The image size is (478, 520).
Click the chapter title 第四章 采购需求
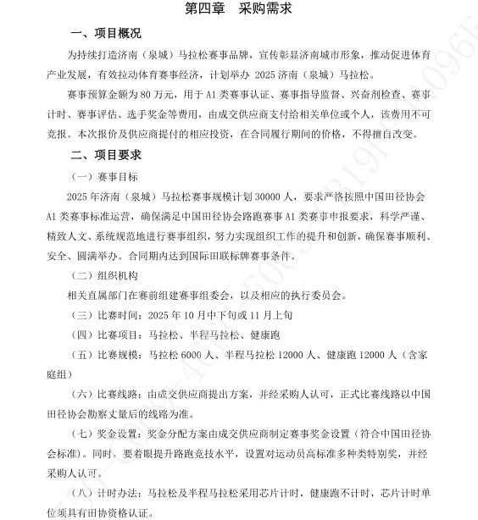238,9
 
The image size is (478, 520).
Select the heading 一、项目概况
106,34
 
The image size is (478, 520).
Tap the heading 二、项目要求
106,155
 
